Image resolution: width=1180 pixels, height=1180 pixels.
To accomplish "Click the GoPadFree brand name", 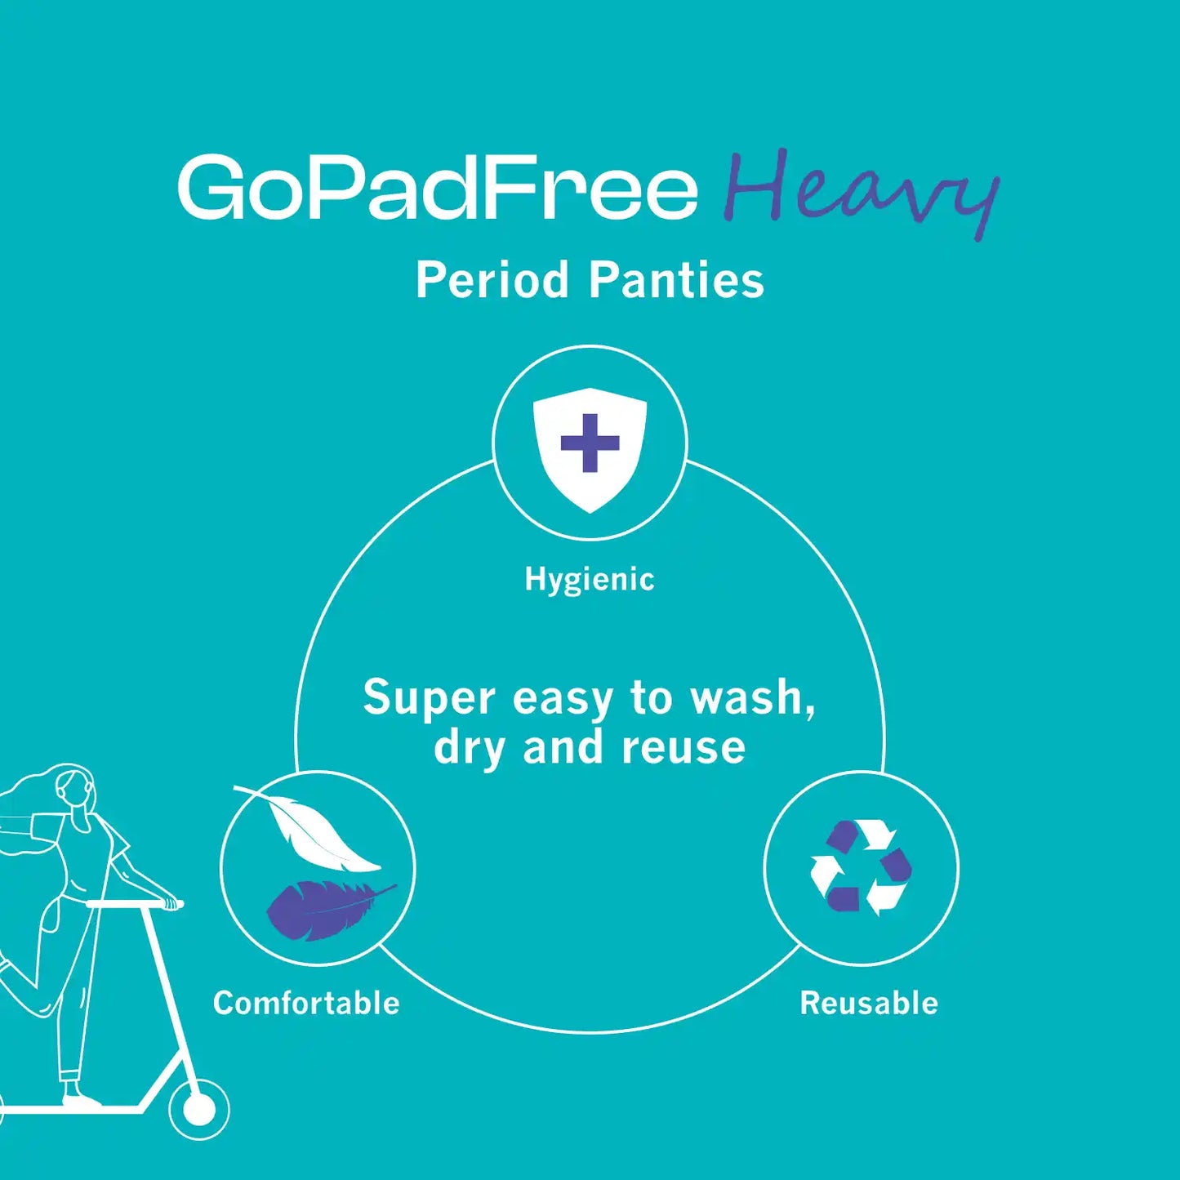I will click(438, 188).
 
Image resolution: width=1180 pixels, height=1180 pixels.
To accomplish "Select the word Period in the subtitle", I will click(492, 280).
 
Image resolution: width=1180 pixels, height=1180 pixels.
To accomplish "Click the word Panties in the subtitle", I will click(676, 280).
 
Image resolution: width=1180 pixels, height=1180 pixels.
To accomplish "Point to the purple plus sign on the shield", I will click(590, 443).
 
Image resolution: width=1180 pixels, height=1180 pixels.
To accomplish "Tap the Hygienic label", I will click(590, 579).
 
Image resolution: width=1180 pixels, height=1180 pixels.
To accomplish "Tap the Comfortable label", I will click(306, 1003).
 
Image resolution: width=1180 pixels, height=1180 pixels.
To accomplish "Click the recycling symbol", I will click(861, 867).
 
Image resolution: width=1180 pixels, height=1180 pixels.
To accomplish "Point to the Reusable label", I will click(869, 1003).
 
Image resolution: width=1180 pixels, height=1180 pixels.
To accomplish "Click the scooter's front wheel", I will click(198, 1109).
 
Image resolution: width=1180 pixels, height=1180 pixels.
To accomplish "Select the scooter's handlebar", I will click(135, 904).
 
